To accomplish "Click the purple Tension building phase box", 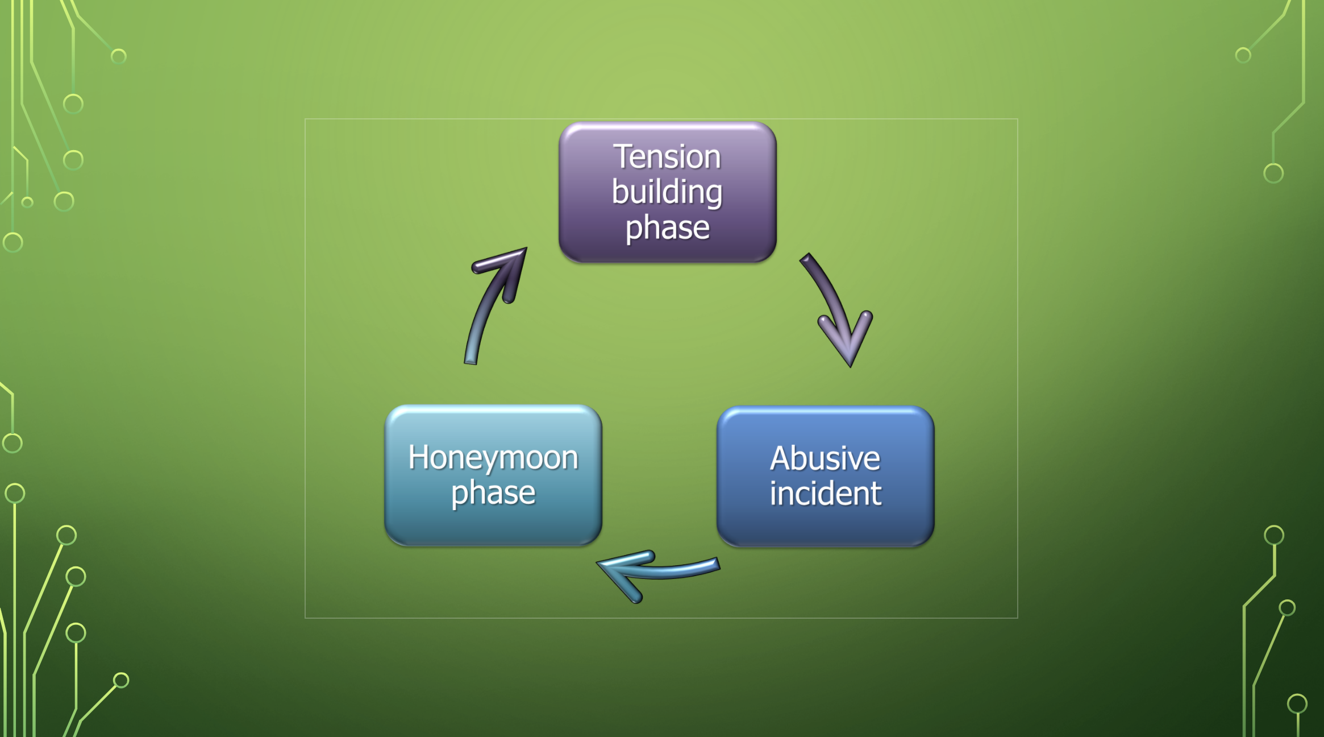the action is [668, 192].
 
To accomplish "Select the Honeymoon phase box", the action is [493, 475].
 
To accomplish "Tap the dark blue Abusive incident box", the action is [826, 477].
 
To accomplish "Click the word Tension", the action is [667, 156].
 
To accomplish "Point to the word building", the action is [667, 192].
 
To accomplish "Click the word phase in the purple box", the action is [668, 229].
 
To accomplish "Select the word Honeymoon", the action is [493, 458].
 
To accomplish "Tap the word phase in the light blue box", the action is [493, 493].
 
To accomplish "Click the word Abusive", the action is [825, 458].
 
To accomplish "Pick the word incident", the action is [826, 493].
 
